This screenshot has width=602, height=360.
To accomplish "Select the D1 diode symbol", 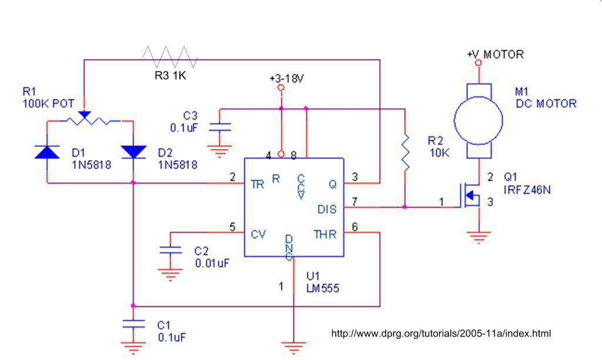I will (47, 151).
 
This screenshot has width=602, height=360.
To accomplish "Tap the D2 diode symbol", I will (133, 151).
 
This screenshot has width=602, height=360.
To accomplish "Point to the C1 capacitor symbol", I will (133, 324).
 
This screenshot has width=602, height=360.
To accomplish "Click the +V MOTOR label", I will (495, 55).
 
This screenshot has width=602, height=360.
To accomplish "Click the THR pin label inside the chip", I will (325, 234).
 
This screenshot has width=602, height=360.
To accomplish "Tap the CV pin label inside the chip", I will (258, 234).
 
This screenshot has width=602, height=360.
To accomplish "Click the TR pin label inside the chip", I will (257, 183).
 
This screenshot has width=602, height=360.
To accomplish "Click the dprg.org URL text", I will (441, 334).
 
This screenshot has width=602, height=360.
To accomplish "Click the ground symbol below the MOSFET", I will (479, 238).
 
